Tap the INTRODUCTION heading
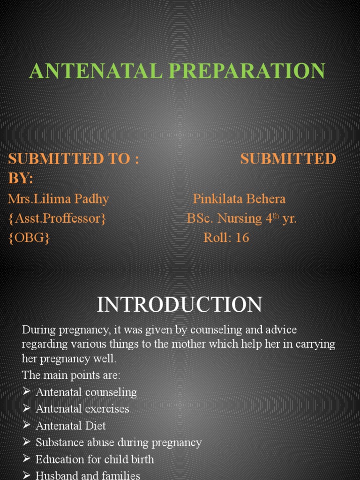point(180,305)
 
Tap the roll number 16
point(242,238)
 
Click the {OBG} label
point(29,238)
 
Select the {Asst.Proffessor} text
point(57,218)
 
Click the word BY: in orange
point(21,178)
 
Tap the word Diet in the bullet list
point(96,426)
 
